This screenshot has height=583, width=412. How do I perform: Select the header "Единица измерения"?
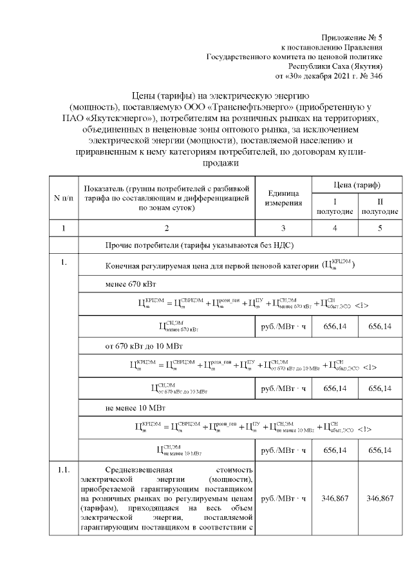point(283,198)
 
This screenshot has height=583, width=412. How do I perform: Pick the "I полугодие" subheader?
point(336,207)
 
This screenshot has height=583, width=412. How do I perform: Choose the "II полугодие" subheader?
point(380,207)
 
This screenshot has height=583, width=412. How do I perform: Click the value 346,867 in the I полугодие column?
point(336,499)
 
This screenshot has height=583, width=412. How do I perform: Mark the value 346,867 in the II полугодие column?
point(380,499)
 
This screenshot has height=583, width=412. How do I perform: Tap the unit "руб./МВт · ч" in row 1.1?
point(283,499)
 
